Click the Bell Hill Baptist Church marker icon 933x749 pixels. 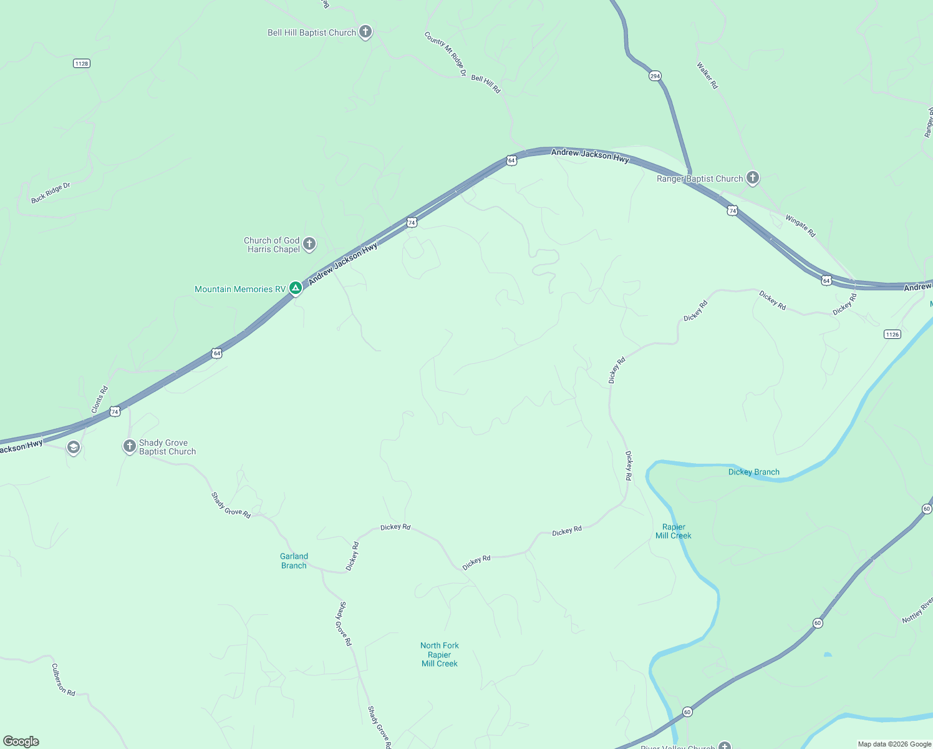[365, 32]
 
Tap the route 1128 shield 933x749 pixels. [82, 64]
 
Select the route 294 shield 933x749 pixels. [655, 76]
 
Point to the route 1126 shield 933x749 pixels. [892, 335]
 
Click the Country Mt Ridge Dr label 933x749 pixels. [445, 54]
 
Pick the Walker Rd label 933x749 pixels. [707, 75]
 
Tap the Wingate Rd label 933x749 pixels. [800, 226]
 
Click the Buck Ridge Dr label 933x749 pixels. [51, 193]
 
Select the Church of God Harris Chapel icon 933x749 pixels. [309, 244]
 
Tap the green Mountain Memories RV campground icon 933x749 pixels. [296, 288]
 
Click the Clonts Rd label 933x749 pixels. [100, 399]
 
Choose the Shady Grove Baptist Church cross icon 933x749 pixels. [130, 446]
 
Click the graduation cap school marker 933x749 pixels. [74, 448]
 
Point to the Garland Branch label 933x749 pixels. [294, 561]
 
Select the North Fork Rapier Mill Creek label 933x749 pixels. [440, 654]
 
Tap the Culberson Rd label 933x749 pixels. [63, 680]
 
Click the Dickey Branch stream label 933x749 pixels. [753, 472]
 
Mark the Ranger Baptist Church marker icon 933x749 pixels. [753, 178]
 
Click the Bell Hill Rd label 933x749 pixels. [486, 84]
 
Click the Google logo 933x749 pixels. [21, 742]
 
